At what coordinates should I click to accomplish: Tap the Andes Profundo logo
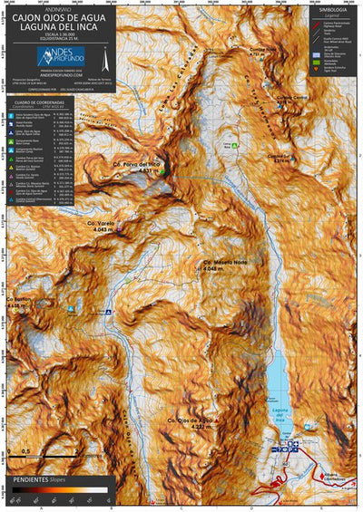coord(62,57)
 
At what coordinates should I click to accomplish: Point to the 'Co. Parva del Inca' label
coord(136,164)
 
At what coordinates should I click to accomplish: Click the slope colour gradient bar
coord(60,490)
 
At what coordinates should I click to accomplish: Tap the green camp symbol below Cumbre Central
coord(236,145)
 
